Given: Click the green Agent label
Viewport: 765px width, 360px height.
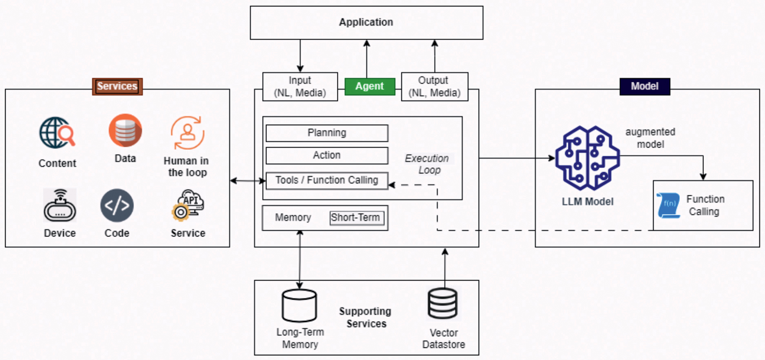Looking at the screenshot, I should [x=369, y=86].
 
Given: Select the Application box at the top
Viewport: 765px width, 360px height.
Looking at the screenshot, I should [x=366, y=23].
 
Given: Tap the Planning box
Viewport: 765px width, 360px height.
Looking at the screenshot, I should [x=327, y=133].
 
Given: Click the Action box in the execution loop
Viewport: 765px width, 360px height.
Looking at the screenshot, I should [x=327, y=155].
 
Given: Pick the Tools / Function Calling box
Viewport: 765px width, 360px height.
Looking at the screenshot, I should [x=327, y=180].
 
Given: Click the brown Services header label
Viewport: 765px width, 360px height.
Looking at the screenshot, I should [x=117, y=86].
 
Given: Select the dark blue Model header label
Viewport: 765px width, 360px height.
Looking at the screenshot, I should [x=645, y=86].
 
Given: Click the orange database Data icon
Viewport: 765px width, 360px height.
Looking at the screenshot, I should [x=125, y=130].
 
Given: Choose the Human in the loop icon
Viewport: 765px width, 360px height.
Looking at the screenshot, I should [x=187, y=133].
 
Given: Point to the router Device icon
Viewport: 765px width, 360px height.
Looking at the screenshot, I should [x=60, y=205].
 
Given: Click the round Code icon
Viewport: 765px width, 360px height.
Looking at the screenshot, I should [x=117, y=205].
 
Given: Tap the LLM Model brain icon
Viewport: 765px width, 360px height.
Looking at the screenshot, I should [x=588, y=158].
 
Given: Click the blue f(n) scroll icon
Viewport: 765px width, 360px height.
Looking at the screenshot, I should [x=668, y=205].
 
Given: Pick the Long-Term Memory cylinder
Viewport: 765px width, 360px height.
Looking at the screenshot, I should [x=299, y=305].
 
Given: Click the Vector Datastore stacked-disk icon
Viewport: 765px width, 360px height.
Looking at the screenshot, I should [x=443, y=303].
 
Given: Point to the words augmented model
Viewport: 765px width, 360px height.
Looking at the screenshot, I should [x=650, y=138].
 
